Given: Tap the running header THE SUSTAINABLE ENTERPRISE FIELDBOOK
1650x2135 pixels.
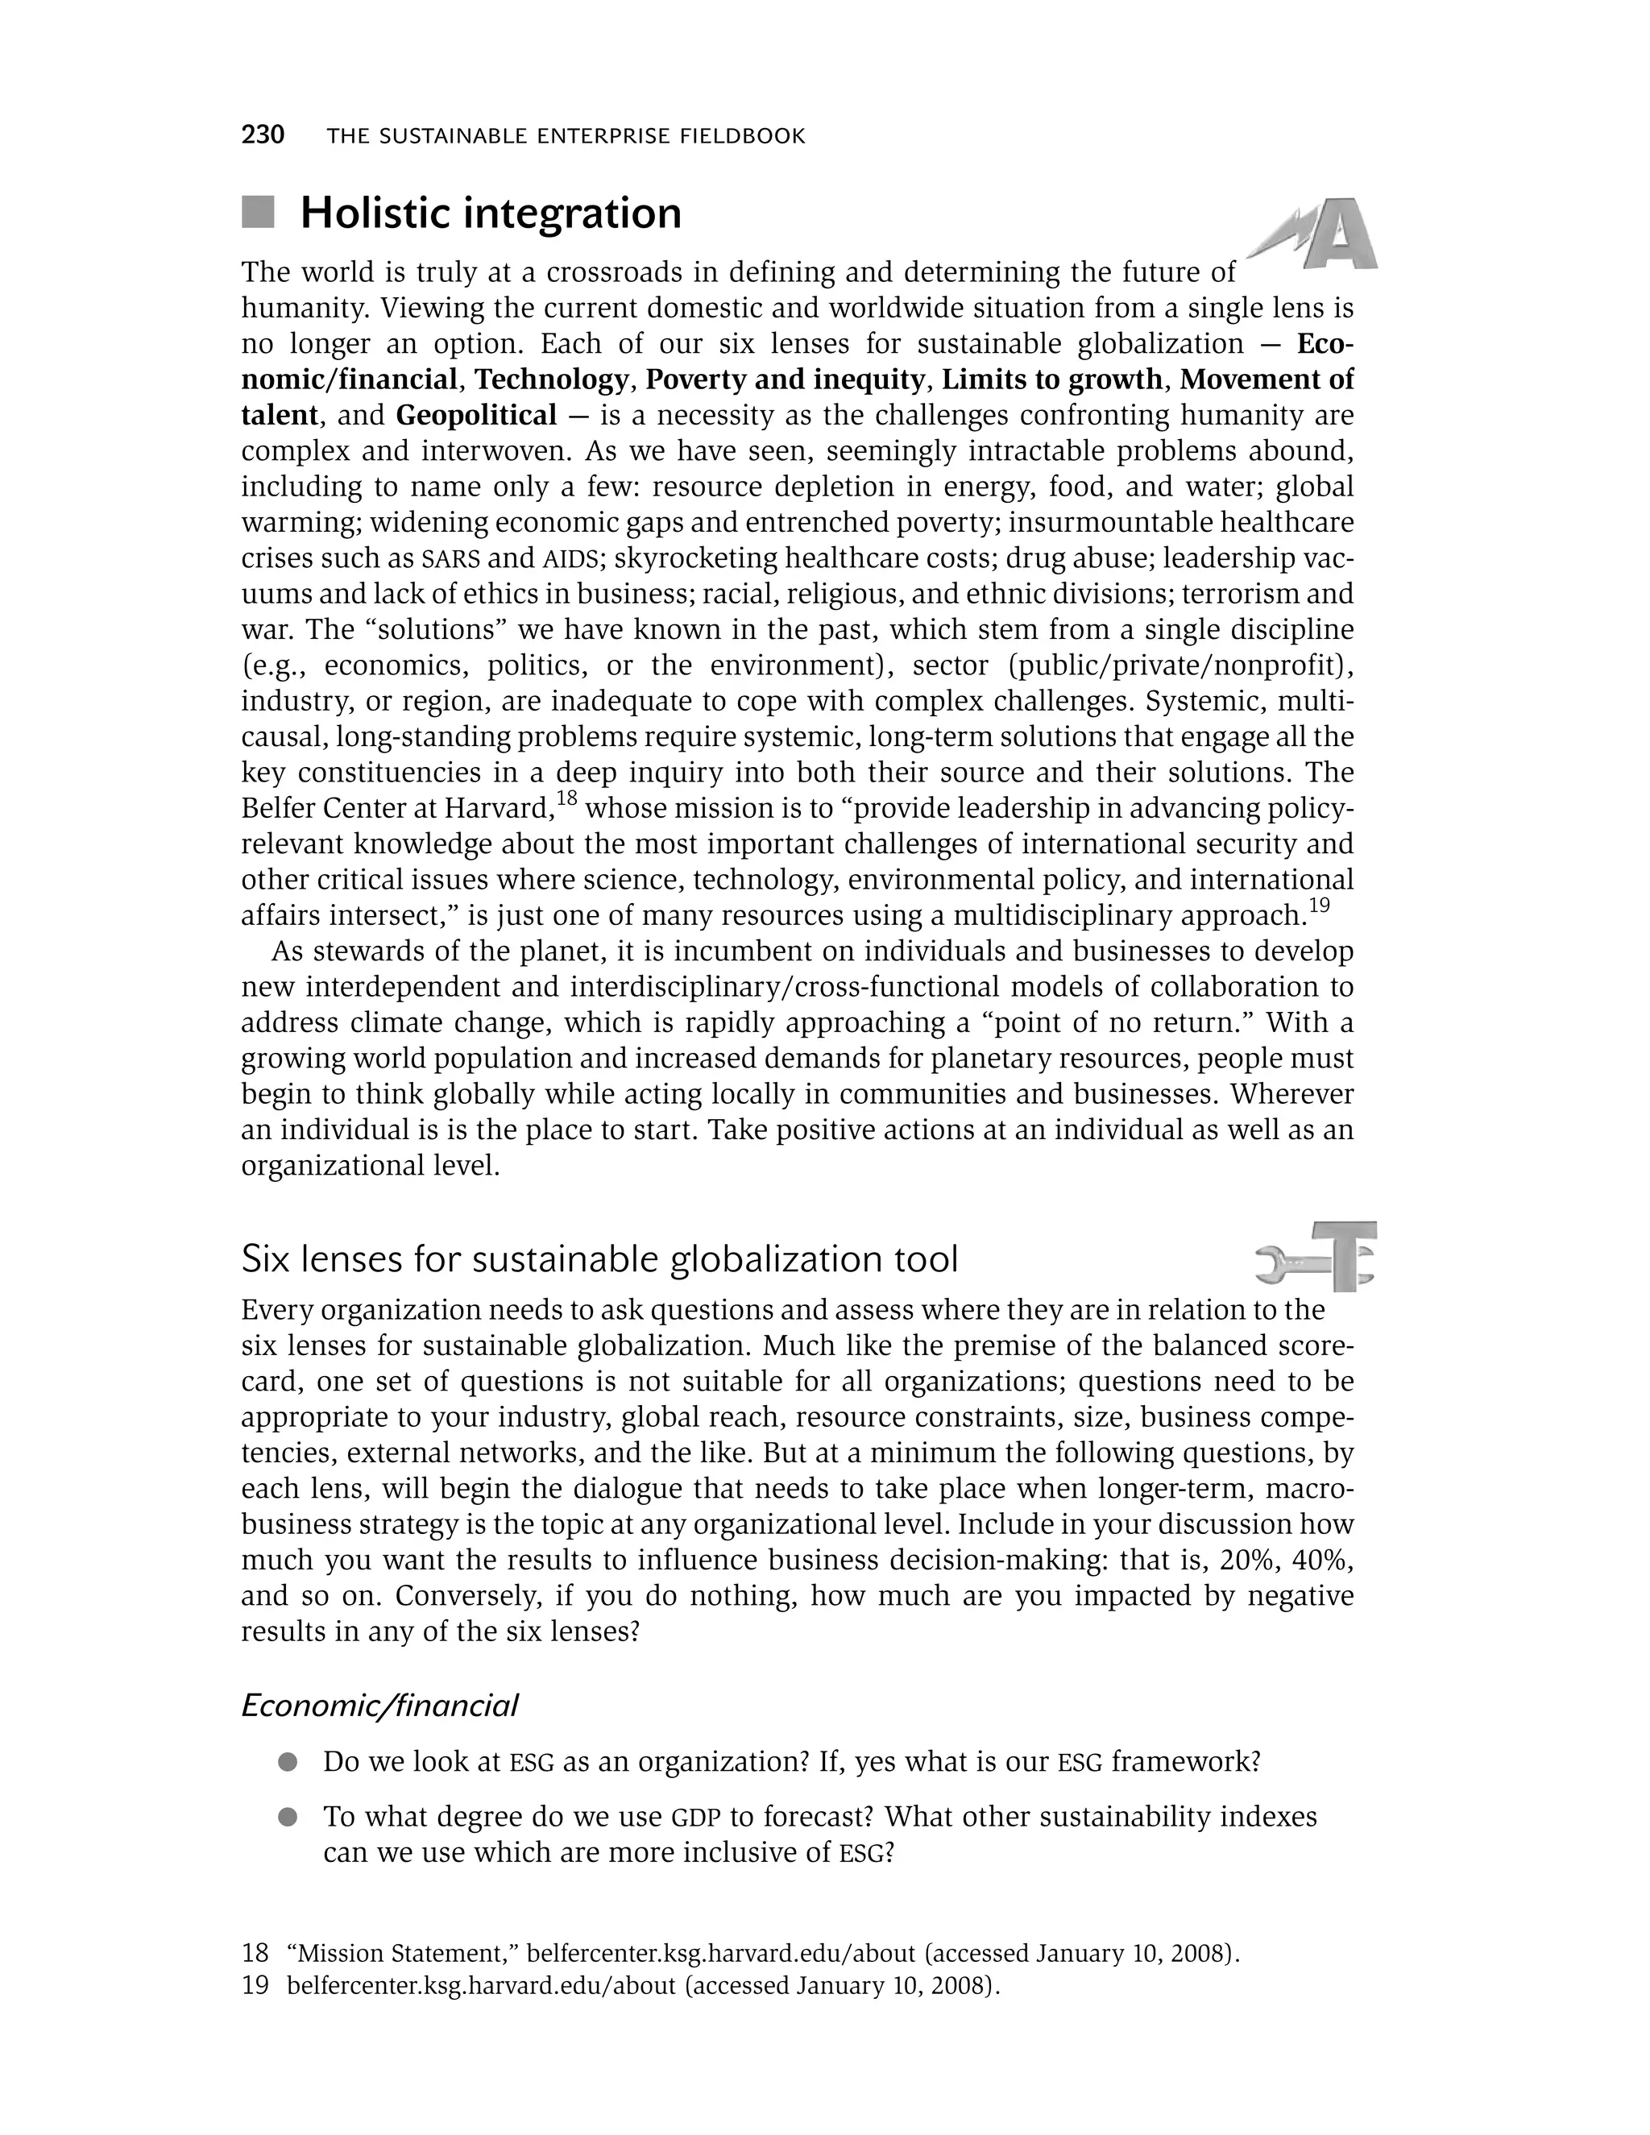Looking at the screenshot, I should (x=566, y=137).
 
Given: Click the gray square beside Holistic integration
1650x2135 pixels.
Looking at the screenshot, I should (x=258, y=212).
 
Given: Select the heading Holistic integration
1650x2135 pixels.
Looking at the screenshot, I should (x=491, y=213).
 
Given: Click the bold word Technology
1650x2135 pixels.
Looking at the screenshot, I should (x=551, y=379).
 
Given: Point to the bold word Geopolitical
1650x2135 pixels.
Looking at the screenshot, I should (x=476, y=416).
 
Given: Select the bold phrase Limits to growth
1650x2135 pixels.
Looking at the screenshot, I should (x=1051, y=379).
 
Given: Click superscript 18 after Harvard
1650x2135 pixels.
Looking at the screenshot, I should (x=568, y=798).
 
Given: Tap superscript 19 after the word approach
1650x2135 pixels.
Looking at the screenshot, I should (x=1319, y=906).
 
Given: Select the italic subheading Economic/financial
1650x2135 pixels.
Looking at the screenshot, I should (x=379, y=1706).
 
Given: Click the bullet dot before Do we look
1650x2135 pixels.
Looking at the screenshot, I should (x=288, y=1763).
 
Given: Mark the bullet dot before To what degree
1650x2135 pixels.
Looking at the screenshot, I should (x=288, y=1818).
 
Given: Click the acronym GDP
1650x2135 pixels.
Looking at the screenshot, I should (x=696, y=1818).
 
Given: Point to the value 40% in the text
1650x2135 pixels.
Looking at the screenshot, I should (x=1319, y=1561).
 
